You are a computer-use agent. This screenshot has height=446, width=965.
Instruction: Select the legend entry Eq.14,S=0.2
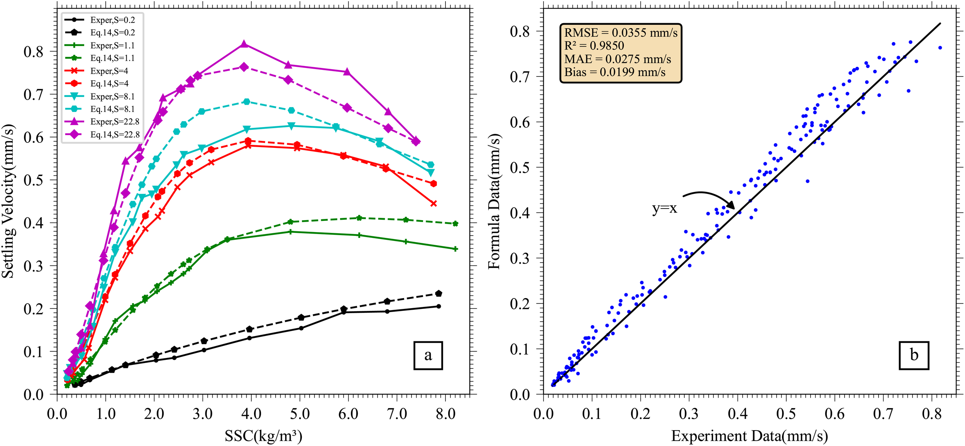[x=112, y=33]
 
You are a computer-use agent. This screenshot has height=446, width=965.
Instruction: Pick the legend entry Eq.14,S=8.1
[x=112, y=109]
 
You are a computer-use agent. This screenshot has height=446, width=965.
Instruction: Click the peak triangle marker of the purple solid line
[x=244, y=44]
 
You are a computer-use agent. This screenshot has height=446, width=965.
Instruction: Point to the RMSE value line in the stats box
[x=621, y=33]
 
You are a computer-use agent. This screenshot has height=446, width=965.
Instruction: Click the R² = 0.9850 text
[x=594, y=46]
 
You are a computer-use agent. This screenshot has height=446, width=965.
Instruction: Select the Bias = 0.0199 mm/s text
[x=615, y=72]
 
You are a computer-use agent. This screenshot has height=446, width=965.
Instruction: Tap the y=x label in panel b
[x=664, y=209]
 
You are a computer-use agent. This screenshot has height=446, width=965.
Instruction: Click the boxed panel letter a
[x=428, y=355]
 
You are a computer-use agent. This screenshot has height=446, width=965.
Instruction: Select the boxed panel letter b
[x=914, y=355]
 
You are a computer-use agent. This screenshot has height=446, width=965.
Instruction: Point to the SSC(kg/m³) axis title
[x=263, y=436]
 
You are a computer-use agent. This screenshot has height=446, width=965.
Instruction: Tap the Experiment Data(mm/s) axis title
[x=749, y=436]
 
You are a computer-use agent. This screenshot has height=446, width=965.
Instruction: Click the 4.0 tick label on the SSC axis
[x=251, y=414]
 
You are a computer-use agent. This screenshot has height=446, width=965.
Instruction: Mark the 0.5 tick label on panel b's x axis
[x=786, y=414]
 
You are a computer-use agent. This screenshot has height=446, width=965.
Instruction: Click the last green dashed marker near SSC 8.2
[x=455, y=224]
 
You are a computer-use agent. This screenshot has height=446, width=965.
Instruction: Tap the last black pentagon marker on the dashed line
[x=438, y=293]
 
